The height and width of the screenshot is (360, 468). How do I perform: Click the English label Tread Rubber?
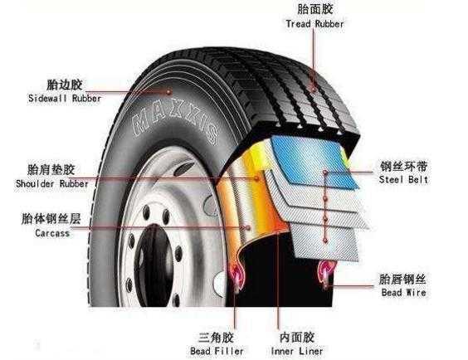pos(314,24)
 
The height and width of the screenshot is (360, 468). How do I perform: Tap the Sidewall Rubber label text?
pos(65,98)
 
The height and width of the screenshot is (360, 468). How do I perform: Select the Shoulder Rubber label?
pos(52,183)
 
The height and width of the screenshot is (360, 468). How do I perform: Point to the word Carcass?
pos(52,232)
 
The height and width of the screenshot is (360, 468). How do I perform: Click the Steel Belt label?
pos(403,179)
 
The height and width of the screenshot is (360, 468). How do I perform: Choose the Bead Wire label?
pos(403,292)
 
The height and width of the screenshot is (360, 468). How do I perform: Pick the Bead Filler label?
pos(217,351)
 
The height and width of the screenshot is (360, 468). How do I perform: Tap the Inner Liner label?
pos(297,351)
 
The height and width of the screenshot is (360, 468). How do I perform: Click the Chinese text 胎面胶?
pos(315,9)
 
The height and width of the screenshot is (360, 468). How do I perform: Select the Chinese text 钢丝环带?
pos(404,167)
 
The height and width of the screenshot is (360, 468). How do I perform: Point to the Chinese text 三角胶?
pos(216,338)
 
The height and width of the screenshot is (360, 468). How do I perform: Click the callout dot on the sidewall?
pos(169,91)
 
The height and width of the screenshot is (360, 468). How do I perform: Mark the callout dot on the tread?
pos(314,89)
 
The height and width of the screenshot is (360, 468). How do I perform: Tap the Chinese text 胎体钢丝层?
pos(51,219)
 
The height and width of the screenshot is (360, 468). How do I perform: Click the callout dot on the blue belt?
pos(325,173)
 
